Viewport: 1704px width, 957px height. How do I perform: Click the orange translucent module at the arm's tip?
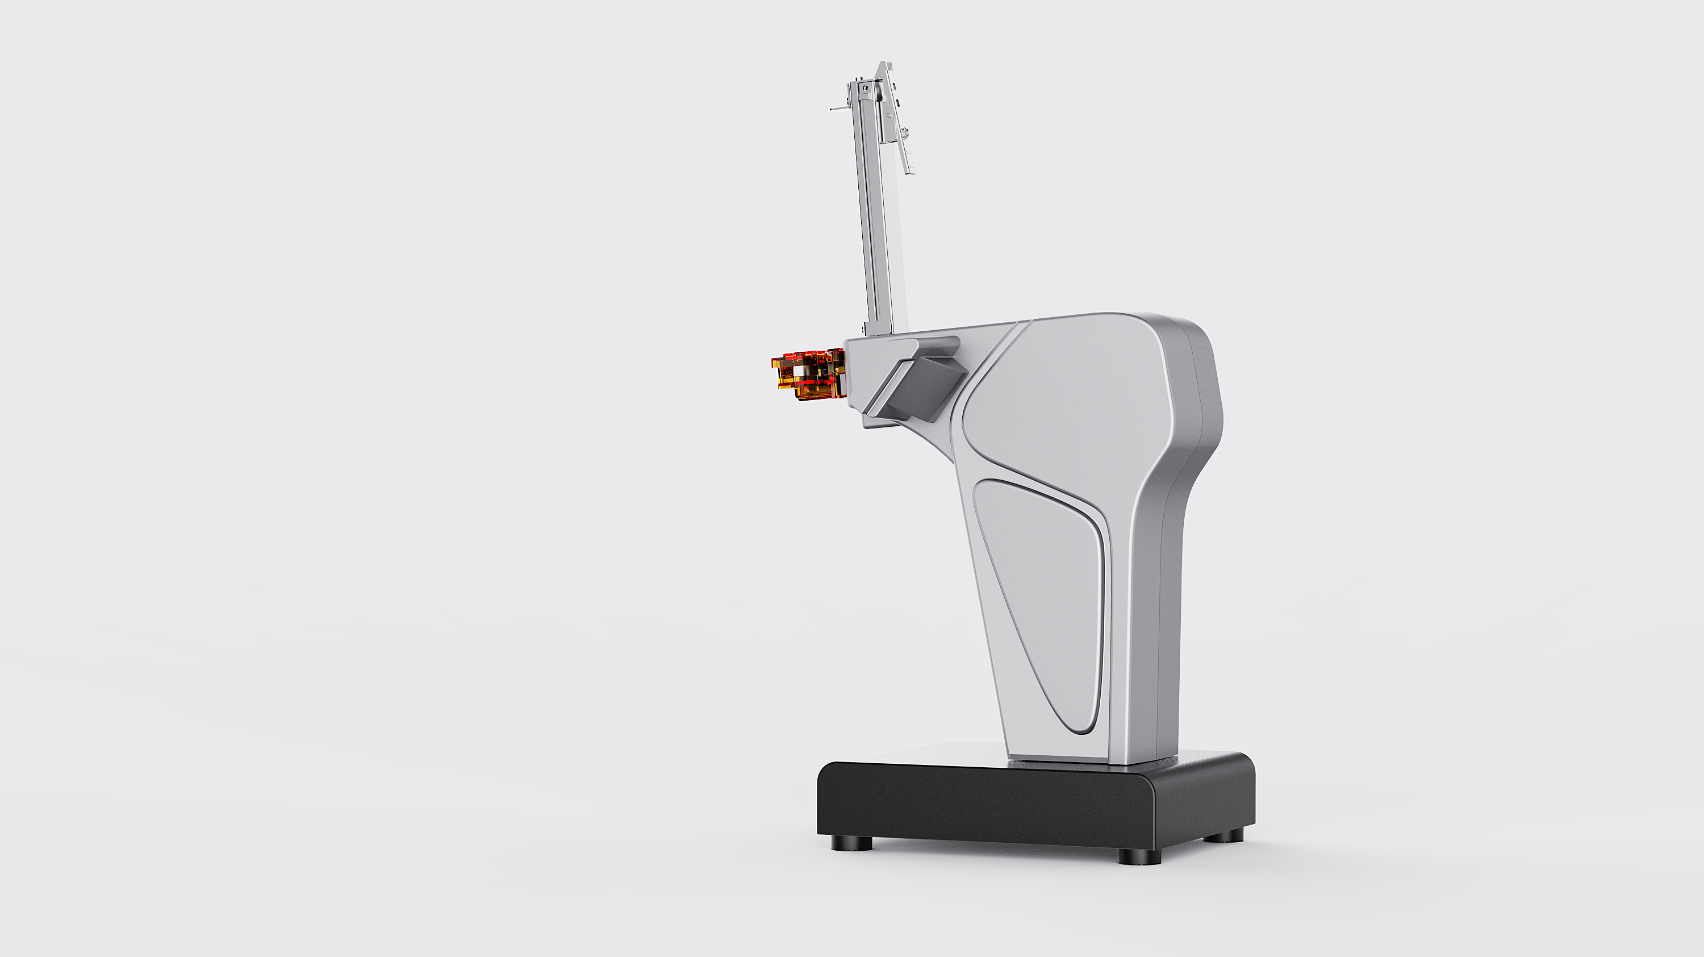coord(808,375)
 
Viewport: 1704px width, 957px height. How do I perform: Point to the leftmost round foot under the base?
coord(852,844)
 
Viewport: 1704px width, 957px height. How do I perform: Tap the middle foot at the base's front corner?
coord(1139,856)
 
